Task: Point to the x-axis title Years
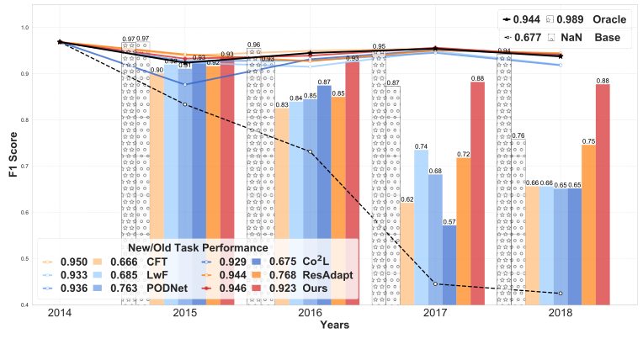pos(310,326)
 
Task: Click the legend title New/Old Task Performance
pos(198,248)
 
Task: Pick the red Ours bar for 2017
pos(477,193)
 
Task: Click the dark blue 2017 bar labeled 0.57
pos(449,265)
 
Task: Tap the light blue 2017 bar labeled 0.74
pos(421,227)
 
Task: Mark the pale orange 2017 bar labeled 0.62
pos(407,254)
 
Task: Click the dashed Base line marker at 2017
pos(435,283)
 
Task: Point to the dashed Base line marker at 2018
pos(561,293)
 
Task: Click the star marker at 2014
pos(59,41)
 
